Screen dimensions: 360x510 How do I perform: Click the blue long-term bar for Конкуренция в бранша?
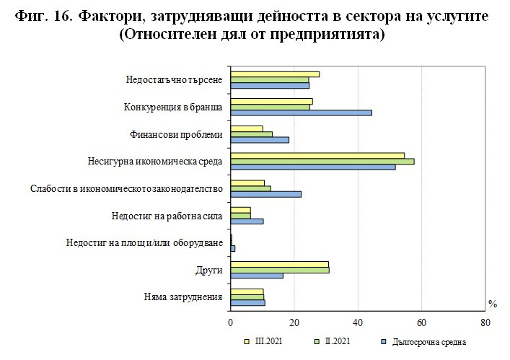(x=301, y=113)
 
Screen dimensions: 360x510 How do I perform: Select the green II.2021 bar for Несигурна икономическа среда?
(x=322, y=161)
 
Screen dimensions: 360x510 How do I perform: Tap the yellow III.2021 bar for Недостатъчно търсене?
(x=274, y=74)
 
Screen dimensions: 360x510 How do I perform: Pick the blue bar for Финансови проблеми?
(x=259, y=139)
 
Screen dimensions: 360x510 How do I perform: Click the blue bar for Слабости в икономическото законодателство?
(x=265, y=194)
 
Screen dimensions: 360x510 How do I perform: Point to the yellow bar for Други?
(x=279, y=264)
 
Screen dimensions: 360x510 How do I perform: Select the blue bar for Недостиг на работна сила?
(x=247, y=221)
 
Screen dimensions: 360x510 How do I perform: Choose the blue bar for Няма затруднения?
(x=247, y=302)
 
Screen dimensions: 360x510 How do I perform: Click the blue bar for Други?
(x=256, y=276)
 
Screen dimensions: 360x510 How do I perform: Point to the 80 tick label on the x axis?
(x=485, y=322)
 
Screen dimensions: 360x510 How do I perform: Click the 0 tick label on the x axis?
(x=230, y=322)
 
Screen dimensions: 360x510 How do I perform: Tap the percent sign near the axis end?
(x=493, y=304)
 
